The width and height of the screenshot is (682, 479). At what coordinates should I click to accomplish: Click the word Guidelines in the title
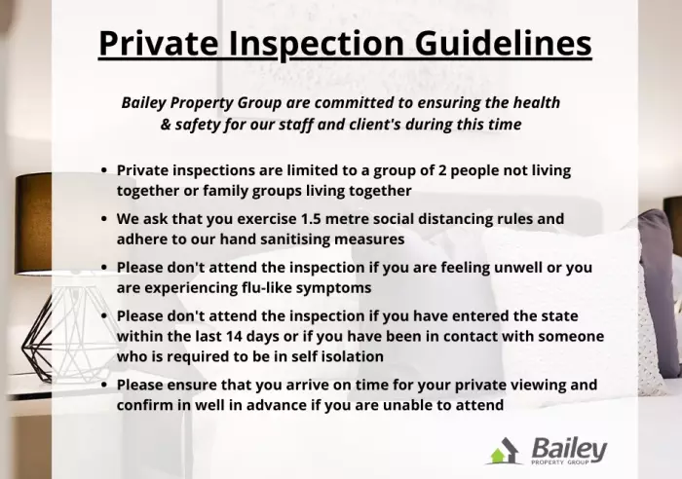point(504,43)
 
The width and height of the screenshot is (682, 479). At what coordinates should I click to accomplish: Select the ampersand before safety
point(166,125)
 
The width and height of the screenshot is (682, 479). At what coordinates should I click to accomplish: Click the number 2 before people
point(442,170)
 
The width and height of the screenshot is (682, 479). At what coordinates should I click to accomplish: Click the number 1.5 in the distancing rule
point(311,219)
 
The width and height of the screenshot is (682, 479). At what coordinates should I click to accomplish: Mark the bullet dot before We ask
point(103,219)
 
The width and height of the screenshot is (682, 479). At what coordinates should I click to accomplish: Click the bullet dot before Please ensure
point(103,386)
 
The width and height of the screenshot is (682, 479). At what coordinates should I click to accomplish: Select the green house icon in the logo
point(500,456)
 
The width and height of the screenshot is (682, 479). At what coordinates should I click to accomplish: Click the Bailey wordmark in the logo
point(569,449)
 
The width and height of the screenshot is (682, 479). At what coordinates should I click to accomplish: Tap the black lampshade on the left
point(33,224)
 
